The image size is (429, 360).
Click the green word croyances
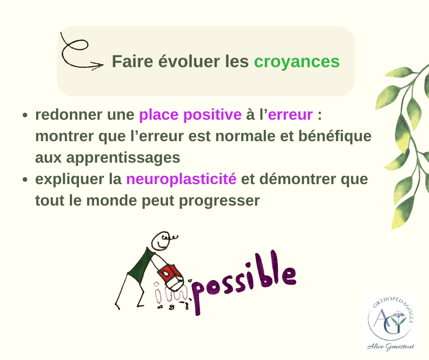(x=297, y=62)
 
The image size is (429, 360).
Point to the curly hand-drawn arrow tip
(x=103, y=65)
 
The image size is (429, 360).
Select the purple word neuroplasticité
(x=181, y=179)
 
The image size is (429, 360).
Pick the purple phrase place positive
(x=190, y=115)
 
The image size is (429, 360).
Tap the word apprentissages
(x=123, y=158)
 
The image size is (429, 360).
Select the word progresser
(x=220, y=201)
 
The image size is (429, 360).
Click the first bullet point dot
(x=25, y=115)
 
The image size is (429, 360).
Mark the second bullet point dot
(x=25, y=180)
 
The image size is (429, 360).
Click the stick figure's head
(x=161, y=241)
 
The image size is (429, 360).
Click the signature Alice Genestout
(x=390, y=347)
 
